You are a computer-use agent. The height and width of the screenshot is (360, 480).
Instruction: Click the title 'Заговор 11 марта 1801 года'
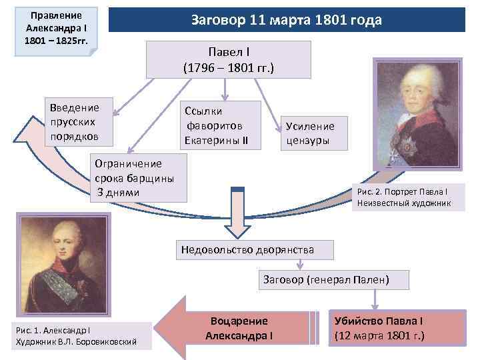[286, 20]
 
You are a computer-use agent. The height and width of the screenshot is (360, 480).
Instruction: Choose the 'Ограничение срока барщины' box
[138, 178]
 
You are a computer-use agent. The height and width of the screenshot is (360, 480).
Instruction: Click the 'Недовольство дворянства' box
[247, 250]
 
